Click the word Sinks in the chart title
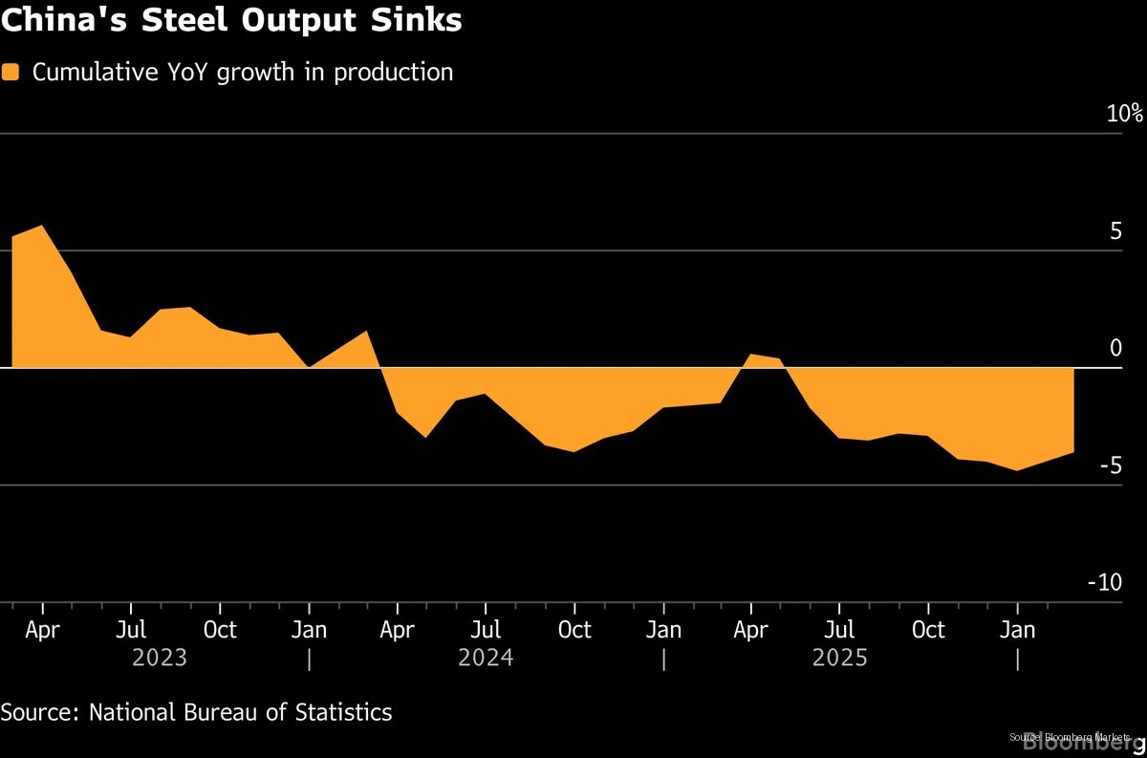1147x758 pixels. [x=415, y=20]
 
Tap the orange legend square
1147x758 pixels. [x=11, y=73]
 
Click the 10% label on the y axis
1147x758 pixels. [x=1124, y=114]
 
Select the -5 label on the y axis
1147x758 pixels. [x=1110, y=466]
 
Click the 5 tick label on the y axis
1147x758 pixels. [x=1115, y=231]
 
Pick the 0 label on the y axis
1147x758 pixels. [x=1115, y=348]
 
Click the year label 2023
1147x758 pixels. [x=160, y=658]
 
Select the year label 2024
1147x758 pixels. [x=486, y=658]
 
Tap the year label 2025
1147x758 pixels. [x=839, y=658]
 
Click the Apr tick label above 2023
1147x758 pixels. [x=42, y=630]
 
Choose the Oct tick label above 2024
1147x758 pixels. [x=574, y=630]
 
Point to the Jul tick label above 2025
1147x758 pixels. [x=839, y=630]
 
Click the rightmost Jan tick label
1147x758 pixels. [x=1017, y=630]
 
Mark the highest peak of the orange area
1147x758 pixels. [x=41, y=227]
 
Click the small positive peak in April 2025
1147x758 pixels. [x=751, y=356]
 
